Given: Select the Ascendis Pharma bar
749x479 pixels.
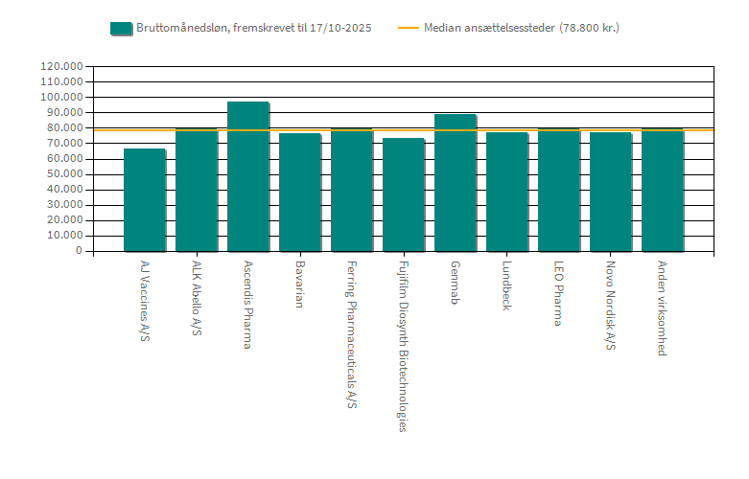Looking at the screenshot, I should pyautogui.click(x=247, y=176).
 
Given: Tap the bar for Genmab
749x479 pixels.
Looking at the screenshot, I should pyautogui.click(x=455, y=182).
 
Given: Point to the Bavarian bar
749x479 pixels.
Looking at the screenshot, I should pyautogui.click(x=299, y=192).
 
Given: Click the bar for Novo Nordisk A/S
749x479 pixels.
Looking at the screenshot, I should pyautogui.click(x=610, y=192).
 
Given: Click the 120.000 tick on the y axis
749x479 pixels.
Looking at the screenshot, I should pyautogui.click(x=61, y=67).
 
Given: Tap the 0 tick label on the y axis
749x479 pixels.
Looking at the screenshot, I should pyautogui.click(x=79, y=251).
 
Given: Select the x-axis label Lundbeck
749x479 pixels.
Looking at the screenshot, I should pyautogui.click(x=507, y=285).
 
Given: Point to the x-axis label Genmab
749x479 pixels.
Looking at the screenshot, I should pyautogui.click(x=456, y=283).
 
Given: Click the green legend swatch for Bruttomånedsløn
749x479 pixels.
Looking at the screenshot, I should pyautogui.click(x=121, y=28).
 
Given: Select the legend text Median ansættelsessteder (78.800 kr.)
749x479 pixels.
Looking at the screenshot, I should pyautogui.click(x=522, y=28).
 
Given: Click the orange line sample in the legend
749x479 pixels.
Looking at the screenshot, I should pyautogui.click(x=409, y=28).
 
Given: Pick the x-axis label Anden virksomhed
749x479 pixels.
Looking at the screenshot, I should pyautogui.click(x=663, y=308).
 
